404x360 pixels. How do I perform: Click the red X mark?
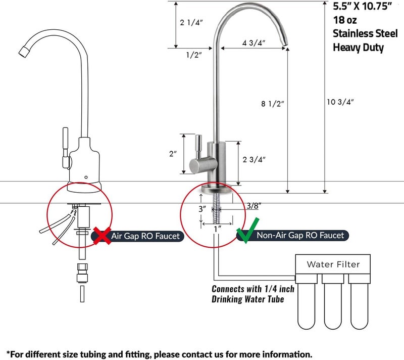pos(102,235)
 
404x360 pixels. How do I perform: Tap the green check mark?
pos(248,230)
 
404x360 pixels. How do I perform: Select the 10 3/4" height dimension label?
pos(340,102)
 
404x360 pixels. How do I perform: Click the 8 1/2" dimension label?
pos(272,104)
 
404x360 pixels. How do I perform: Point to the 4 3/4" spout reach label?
pos(254,43)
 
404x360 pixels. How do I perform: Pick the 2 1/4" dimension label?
pos(191,23)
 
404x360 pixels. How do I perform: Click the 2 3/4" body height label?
pos(254,159)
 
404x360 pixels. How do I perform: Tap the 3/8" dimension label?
pos(254,205)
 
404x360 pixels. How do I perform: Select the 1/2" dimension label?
pos(194,55)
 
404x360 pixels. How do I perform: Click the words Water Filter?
pos(333,264)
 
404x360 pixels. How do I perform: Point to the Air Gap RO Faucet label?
pos(145,236)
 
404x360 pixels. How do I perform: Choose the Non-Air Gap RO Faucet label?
pos(300,235)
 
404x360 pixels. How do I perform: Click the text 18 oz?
pos(345,20)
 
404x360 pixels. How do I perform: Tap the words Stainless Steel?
pos(365,33)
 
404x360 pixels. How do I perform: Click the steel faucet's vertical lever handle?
pos(198,147)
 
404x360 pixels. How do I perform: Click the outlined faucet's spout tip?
pos(24,51)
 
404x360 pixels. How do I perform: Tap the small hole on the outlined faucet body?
pos(86,177)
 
